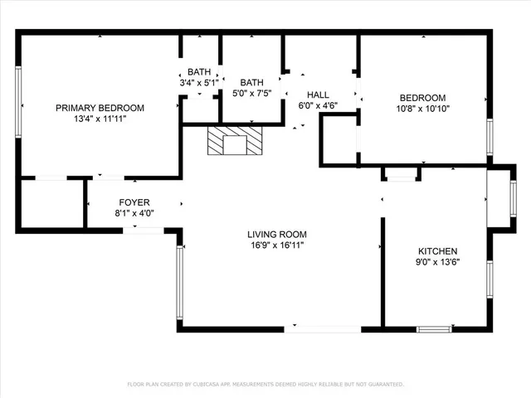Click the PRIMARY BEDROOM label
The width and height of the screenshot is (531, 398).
click(100, 108)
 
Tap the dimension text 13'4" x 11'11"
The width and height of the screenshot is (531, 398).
click(100, 119)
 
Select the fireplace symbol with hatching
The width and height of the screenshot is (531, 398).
click(235, 141)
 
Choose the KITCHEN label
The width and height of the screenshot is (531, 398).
click(437, 250)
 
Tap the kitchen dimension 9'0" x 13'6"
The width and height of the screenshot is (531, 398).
click(437, 262)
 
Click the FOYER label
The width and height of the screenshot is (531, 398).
click(134, 201)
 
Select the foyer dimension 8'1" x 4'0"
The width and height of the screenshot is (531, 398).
click(134, 213)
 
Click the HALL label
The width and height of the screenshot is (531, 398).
click(319, 95)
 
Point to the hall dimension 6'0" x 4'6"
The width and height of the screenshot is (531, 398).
click(319, 106)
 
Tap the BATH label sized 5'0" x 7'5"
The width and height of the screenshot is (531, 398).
click(251, 82)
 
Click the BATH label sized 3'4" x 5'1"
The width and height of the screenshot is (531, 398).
click(199, 72)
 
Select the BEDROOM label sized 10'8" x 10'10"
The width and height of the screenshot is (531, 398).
click(423, 97)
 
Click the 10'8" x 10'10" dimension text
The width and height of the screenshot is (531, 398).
click(423, 108)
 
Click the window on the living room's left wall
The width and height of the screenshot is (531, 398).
click(178, 282)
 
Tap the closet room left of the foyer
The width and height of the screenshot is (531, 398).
click(51, 203)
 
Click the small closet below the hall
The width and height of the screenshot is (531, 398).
click(339, 139)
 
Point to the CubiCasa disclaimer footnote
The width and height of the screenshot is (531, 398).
click(265, 385)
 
